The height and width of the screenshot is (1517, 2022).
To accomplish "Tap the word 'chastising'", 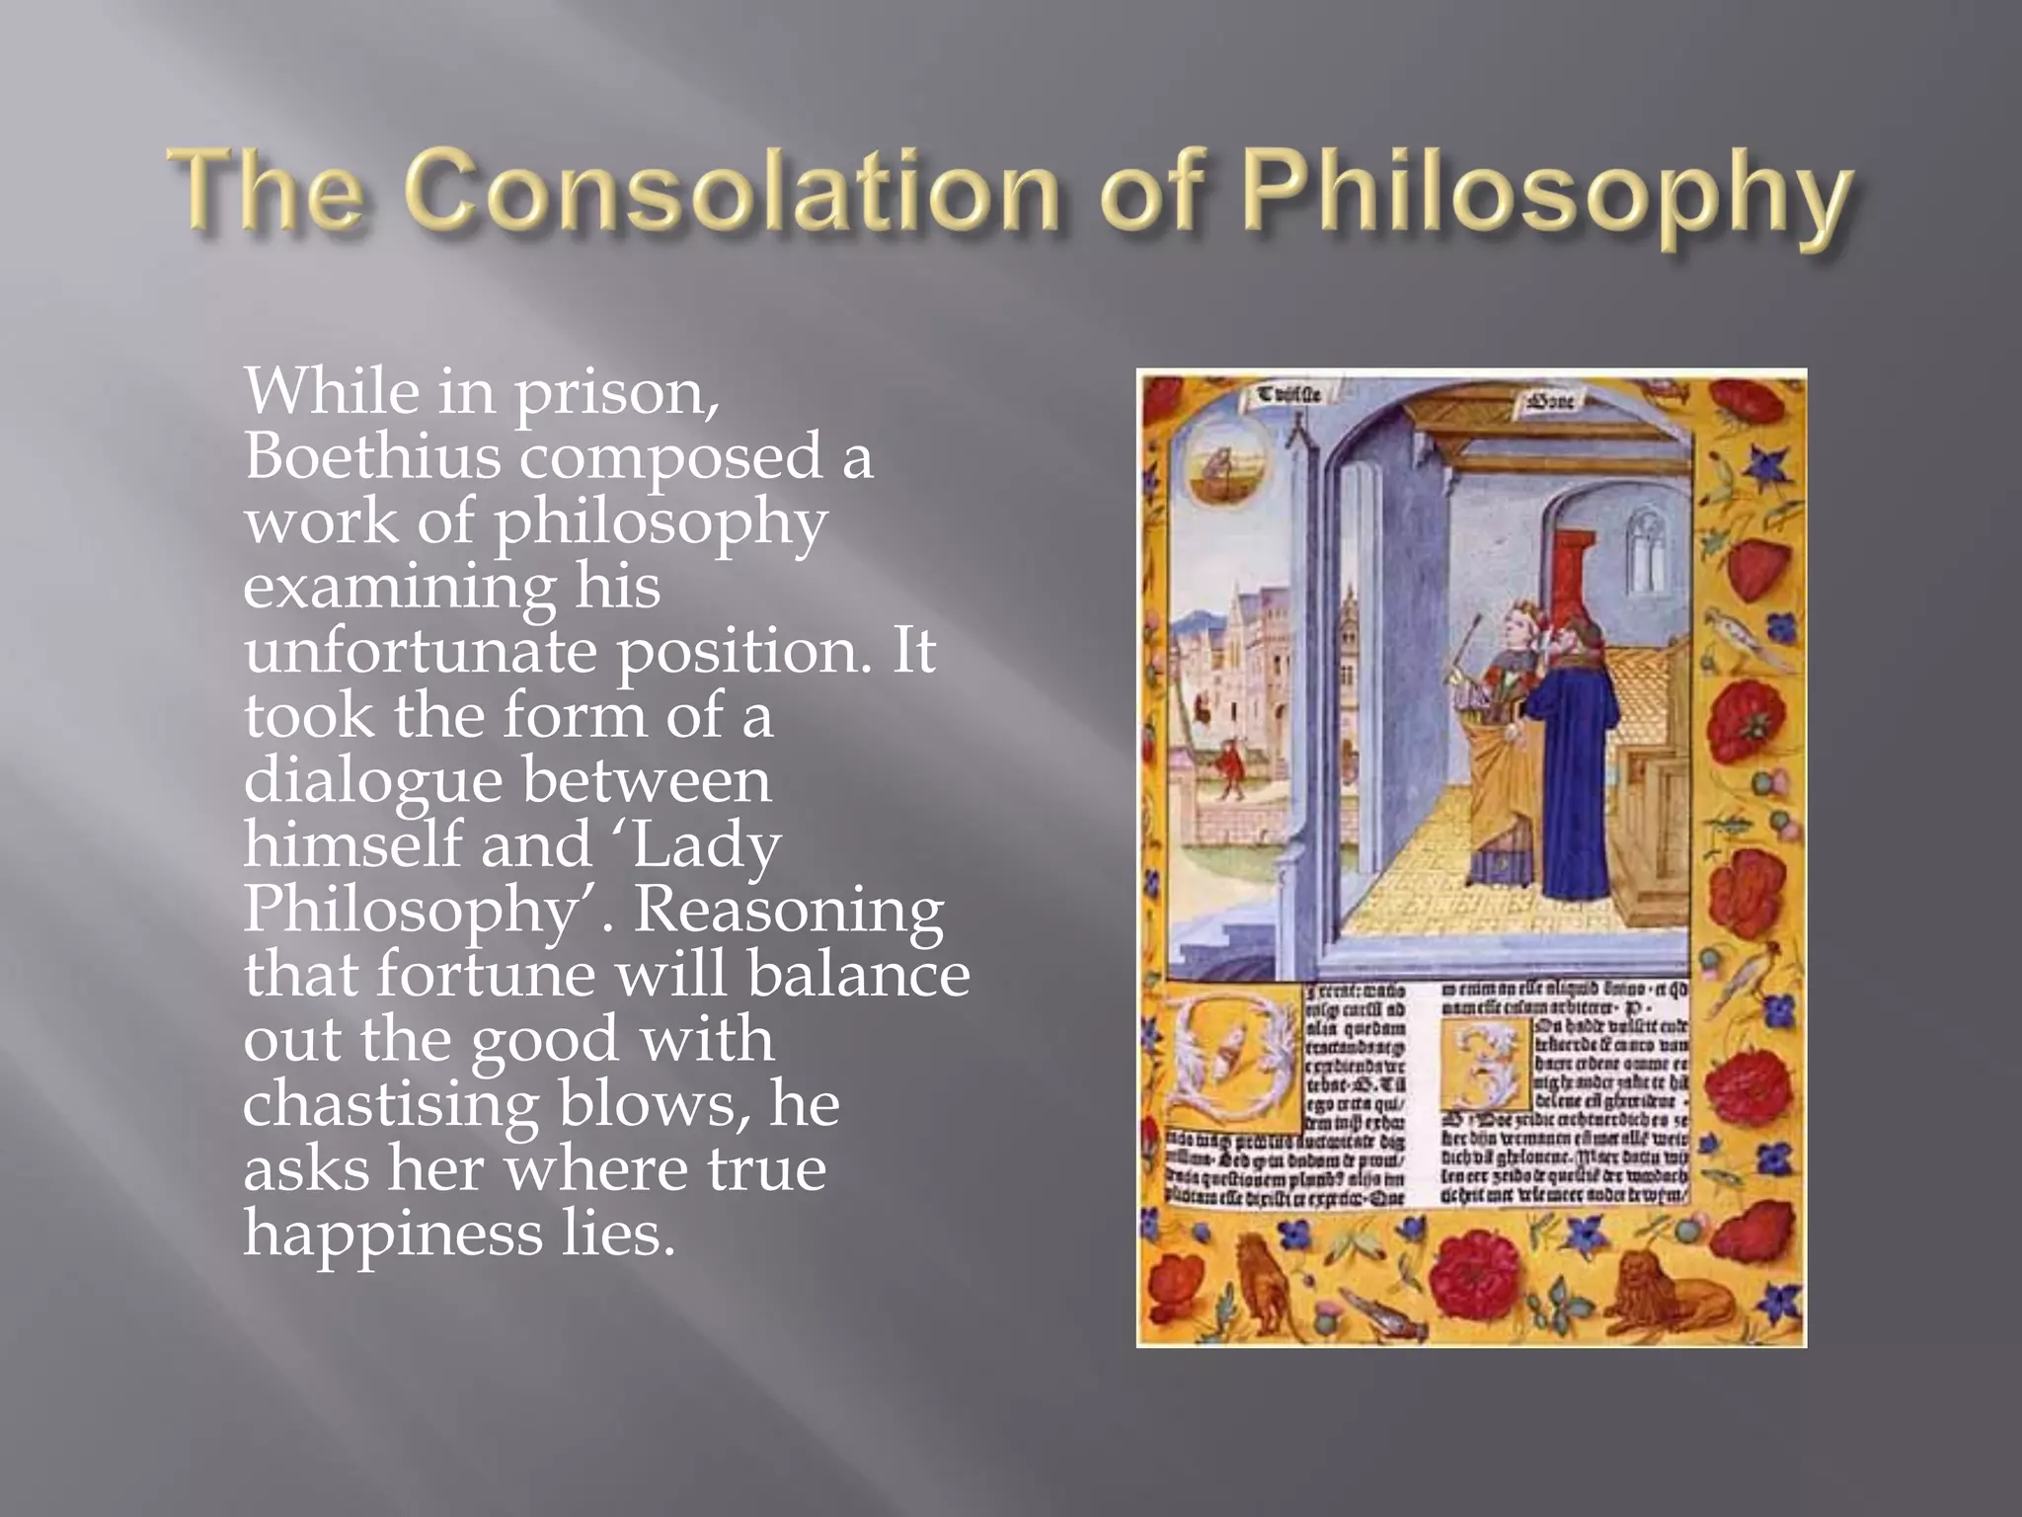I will tap(390, 1104).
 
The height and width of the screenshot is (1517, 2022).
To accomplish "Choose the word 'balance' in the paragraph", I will tap(858, 974).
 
